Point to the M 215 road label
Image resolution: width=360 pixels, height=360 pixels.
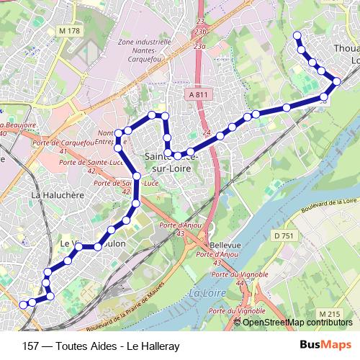(x=330, y=314)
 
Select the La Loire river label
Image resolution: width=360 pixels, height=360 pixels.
(x=204, y=294)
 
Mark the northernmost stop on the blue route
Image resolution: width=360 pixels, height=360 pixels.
(x=297, y=35)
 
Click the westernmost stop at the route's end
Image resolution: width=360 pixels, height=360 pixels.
(x=23, y=305)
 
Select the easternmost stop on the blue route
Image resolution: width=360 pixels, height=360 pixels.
(x=336, y=81)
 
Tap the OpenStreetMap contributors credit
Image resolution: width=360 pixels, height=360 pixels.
(x=298, y=322)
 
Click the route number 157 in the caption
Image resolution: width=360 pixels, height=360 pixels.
(x=31, y=346)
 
